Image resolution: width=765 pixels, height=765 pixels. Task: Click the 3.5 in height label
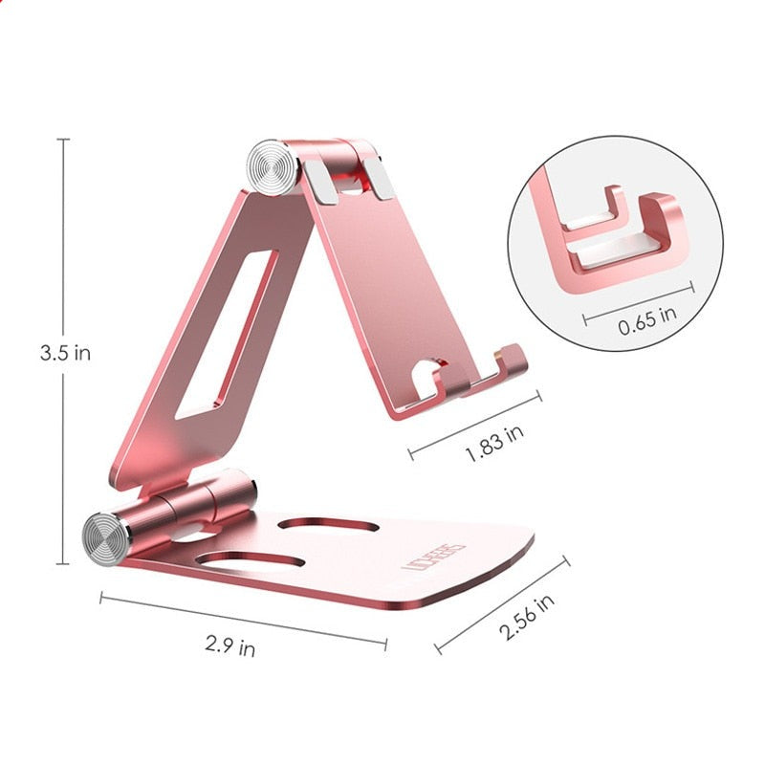(65, 353)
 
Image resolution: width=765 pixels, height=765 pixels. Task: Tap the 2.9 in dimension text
(230, 647)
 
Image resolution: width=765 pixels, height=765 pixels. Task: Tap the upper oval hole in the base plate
(331, 525)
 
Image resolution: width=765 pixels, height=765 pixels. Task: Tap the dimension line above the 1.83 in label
(475, 420)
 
